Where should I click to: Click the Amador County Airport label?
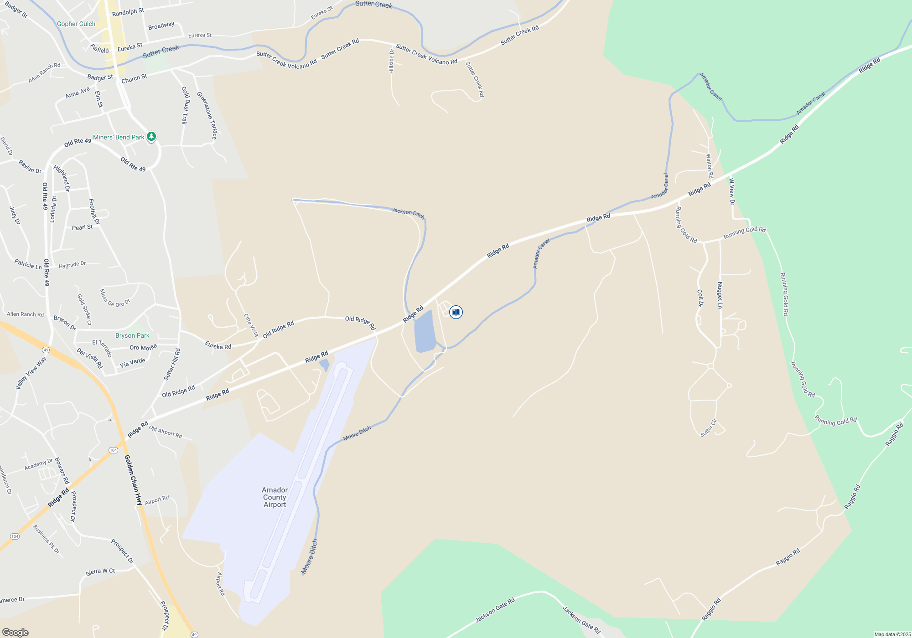[275, 497]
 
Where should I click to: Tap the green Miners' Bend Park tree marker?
[151, 136]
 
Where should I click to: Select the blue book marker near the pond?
[456, 312]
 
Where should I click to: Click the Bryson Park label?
[132, 336]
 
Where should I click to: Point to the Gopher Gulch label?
[76, 24]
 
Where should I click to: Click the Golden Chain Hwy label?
[134, 480]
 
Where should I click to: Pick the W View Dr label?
[732, 191]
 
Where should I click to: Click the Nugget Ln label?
[720, 295]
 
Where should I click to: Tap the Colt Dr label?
[700, 298]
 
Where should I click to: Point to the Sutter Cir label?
[709, 428]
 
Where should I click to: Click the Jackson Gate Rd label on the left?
[495, 610]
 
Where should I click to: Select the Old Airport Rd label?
[166, 432]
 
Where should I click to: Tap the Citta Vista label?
[251, 325]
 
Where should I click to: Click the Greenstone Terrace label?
[207, 116]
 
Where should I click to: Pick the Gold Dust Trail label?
[185, 105]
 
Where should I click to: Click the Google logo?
[16, 633]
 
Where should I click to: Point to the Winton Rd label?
[710, 166]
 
